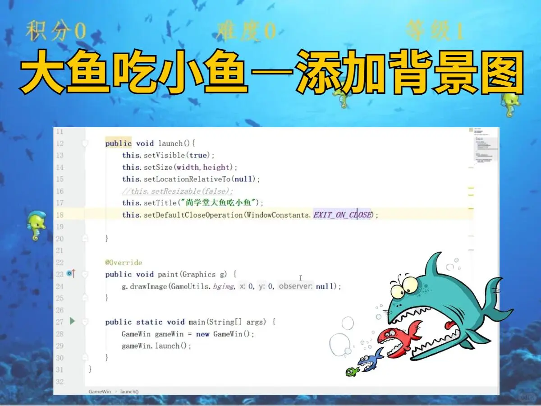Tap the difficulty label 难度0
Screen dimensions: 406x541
click(x=246, y=32)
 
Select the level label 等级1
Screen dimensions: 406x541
click(x=435, y=32)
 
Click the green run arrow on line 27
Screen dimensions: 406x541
click(x=72, y=321)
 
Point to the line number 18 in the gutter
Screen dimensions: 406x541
click(x=60, y=215)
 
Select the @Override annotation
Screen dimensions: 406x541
click(x=124, y=263)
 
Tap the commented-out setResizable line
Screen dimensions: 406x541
click(x=178, y=191)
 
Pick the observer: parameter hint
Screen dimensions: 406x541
click(x=295, y=286)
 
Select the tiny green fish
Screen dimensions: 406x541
click(x=352, y=371)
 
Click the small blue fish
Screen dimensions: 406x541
click(x=370, y=360)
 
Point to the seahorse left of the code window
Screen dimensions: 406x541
click(x=36, y=225)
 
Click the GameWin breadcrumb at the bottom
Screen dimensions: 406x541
click(x=100, y=391)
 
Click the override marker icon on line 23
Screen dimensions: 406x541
click(x=71, y=274)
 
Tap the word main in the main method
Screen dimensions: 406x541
click(x=197, y=322)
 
